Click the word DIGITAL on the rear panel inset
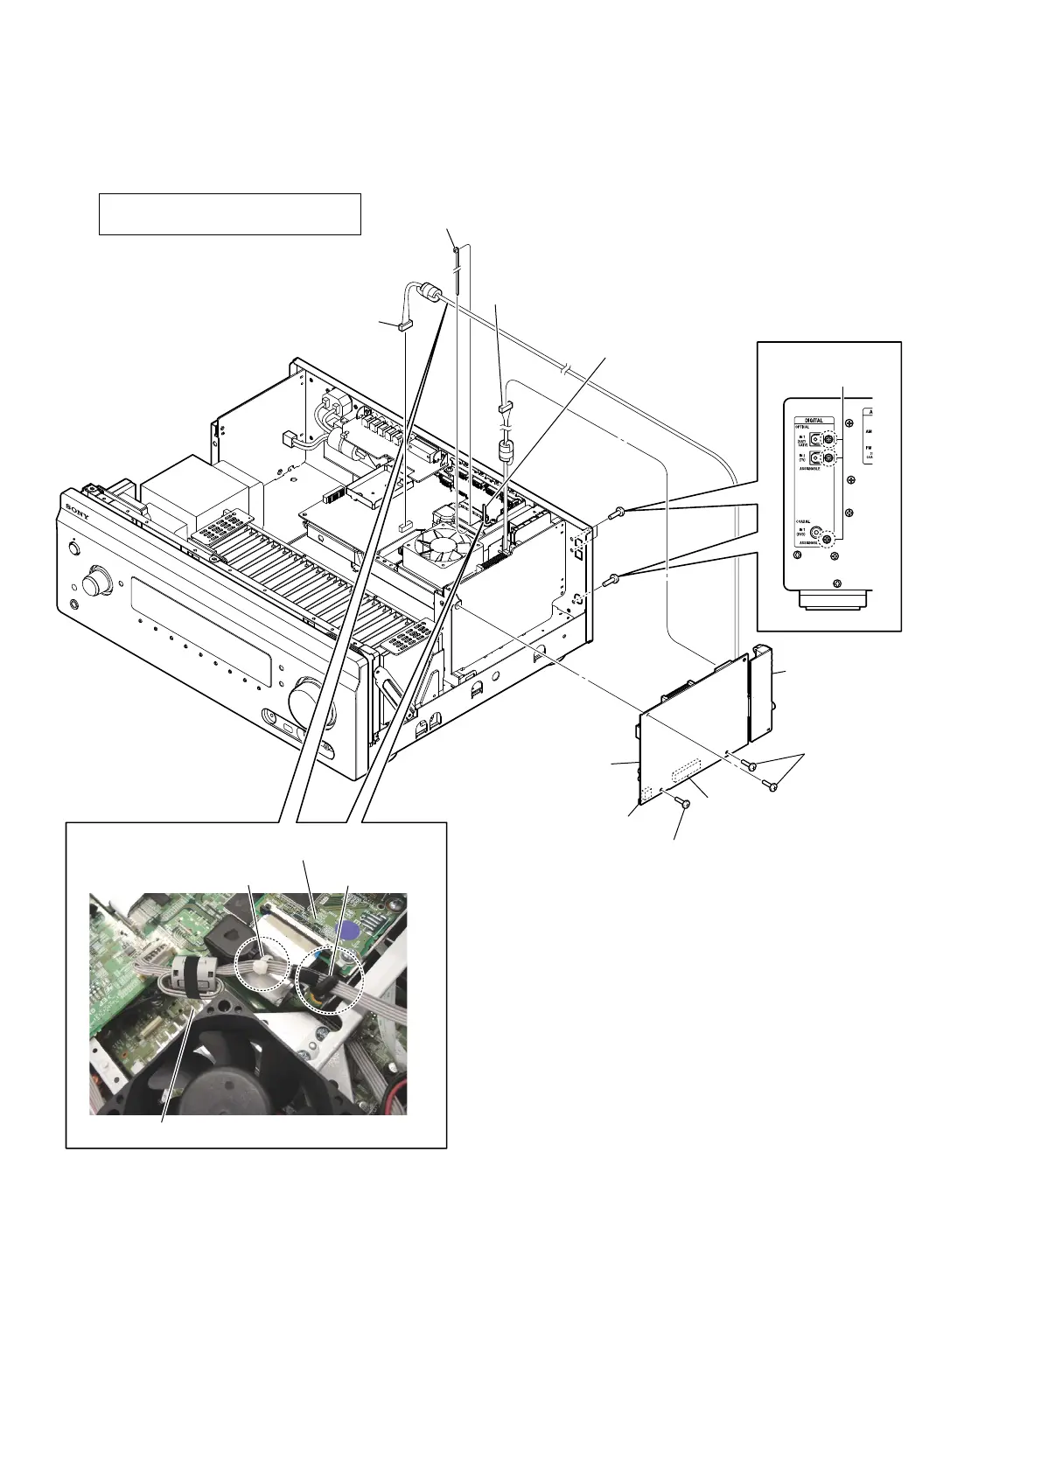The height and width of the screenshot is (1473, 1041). (x=814, y=420)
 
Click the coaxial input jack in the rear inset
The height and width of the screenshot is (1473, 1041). (x=815, y=531)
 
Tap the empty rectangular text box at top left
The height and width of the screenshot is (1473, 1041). (x=229, y=214)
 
